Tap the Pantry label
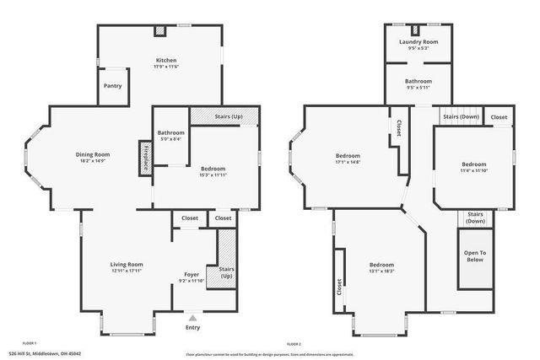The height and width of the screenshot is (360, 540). [x=112, y=86]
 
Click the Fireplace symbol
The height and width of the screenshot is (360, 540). [x=145, y=158]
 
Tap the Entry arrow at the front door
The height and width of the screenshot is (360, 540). [x=193, y=319]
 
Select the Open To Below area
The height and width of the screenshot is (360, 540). [x=476, y=256]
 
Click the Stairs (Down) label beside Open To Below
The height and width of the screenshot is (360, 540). [x=475, y=218]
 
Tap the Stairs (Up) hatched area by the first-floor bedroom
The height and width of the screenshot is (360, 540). [x=224, y=116]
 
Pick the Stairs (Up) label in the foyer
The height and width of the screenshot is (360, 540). [x=227, y=273]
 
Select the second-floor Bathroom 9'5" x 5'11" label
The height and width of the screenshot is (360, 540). [x=418, y=83]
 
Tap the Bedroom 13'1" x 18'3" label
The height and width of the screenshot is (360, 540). [x=381, y=266]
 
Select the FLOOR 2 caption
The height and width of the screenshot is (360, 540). [x=294, y=344]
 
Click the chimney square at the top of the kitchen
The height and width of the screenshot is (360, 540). [x=159, y=31]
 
